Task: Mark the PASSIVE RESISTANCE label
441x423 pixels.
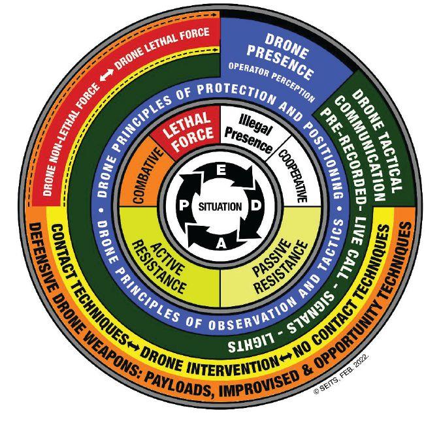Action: click(x=283, y=257)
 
